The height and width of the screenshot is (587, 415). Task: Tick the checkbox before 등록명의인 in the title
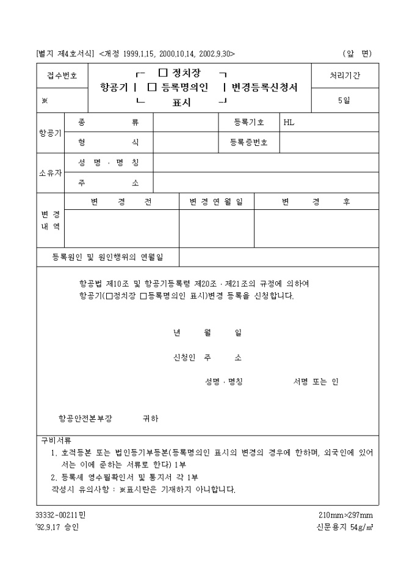pos(152,88)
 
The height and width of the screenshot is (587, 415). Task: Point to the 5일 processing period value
pos(344,101)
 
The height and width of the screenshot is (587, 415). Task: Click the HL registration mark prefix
pos(289,122)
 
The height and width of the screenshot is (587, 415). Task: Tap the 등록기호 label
pos(249,122)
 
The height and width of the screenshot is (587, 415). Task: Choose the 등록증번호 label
pos(249,143)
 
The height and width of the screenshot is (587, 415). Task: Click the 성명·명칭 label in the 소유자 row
pos(109,163)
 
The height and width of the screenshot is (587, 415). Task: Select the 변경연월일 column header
pos(216,202)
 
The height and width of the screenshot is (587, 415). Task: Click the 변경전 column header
pos(121,202)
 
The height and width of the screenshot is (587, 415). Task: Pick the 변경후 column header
pos(316,202)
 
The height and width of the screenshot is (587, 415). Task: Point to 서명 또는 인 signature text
pos(316,382)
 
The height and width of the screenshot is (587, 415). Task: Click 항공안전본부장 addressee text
pos(85,419)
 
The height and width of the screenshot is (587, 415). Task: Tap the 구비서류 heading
pos(56,439)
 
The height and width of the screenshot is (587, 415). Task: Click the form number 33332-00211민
pos(61,515)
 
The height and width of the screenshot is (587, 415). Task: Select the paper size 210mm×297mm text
pos(345,515)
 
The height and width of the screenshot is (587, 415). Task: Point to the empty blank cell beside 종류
pos(186,122)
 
